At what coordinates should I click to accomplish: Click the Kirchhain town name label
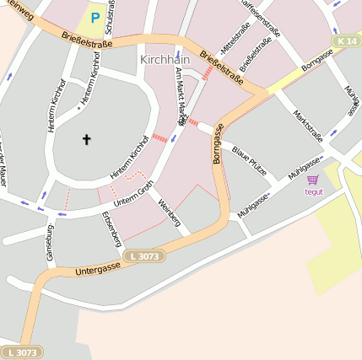pos(164,61)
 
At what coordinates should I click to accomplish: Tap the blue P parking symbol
pos(95,17)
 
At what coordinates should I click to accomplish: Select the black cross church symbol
pos(85,138)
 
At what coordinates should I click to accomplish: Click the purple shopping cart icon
pos(313,180)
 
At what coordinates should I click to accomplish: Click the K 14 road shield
pos(346,40)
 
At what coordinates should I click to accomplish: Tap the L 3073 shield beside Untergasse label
pos(138,255)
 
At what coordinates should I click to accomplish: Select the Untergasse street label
pos(98,268)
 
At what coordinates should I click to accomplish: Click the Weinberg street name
pos(169,212)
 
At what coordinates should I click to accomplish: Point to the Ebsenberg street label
pos(111,228)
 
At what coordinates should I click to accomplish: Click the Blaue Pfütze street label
pos(249,160)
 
